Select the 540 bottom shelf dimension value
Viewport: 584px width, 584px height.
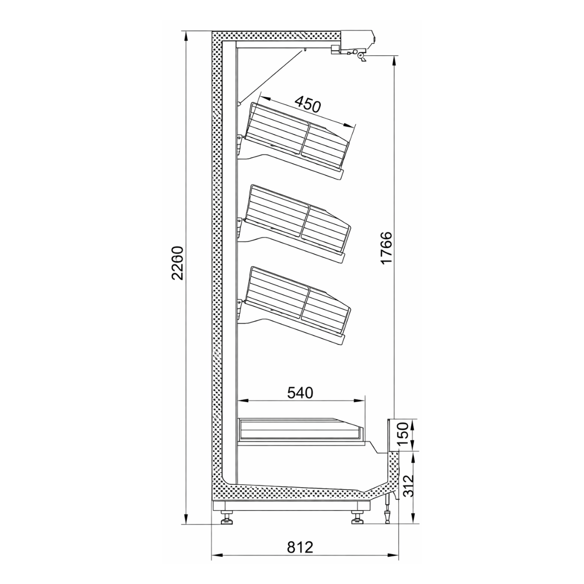click(x=299, y=392)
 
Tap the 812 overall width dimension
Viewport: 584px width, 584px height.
click(x=299, y=547)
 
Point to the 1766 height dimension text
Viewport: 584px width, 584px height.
click(x=386, y=248)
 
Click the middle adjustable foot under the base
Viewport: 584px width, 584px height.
click(x=358, y=519)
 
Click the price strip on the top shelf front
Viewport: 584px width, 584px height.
click(x=339, y=173)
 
